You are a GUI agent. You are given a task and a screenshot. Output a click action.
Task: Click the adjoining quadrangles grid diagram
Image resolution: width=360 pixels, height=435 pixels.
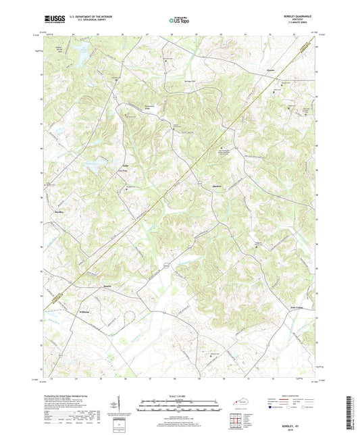[x=237, y=420]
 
